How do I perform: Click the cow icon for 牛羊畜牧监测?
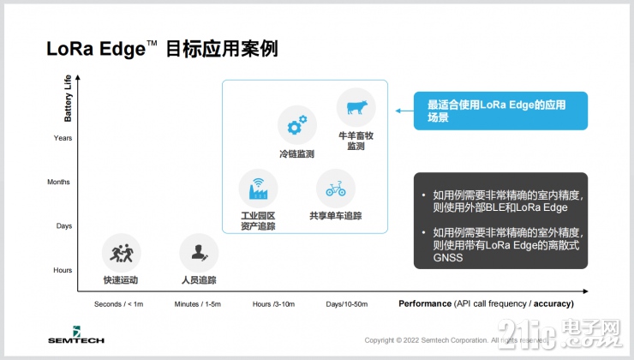coord(356,108)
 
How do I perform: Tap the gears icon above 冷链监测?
coord(296,126)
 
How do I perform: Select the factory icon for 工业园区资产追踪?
coord(258,188)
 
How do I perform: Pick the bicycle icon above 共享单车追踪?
coord(335,188)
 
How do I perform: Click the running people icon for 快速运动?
coord(121,254)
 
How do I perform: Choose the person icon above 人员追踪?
coord(199,254)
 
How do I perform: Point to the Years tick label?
coord(63,138)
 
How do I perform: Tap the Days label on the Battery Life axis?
coord(64,226)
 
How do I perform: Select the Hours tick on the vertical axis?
coord(63,270)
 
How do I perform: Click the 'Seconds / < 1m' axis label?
coord(120,304)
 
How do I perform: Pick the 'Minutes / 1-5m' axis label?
coord(199,304)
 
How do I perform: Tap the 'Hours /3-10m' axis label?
coord(273,304)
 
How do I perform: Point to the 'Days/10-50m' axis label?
coord(348,304)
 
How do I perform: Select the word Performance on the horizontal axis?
coord(425,304)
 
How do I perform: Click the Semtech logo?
coord(75,335)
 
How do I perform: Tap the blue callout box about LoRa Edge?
coord(500,111)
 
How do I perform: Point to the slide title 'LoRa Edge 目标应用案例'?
coord(163,49)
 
